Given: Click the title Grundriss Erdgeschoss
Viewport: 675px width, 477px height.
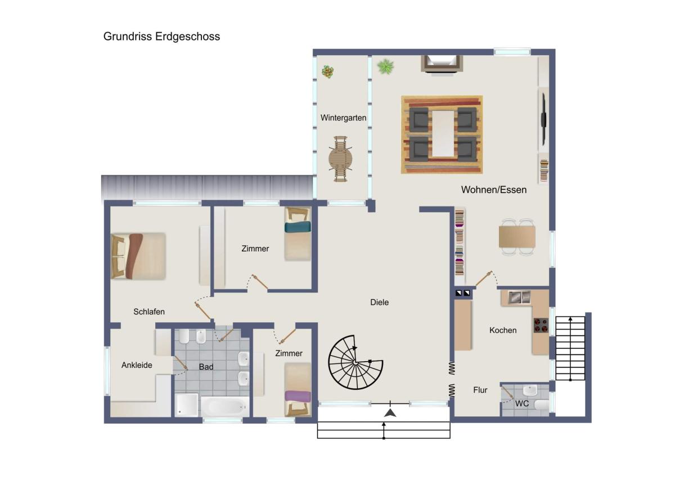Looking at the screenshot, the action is click(161, 37).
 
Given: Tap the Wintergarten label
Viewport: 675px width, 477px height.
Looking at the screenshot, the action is click(343, 118).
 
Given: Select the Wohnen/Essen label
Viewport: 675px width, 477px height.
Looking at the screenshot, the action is click(494, 190).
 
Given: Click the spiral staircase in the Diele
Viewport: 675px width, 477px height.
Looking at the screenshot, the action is click(355, 362).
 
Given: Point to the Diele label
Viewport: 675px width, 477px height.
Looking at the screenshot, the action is click(379, 302).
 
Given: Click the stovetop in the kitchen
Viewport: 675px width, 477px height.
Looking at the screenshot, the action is click(541, 326).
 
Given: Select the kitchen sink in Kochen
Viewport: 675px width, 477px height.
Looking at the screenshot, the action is click(519, 297).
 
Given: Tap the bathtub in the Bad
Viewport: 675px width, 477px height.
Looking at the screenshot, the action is click(225, 407).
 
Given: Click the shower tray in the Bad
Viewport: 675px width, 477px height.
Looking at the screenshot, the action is click(187, 404).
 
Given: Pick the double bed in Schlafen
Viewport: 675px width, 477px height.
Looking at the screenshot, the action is click(138, 256).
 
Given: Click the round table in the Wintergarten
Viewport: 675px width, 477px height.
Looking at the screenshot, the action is click(340, 159).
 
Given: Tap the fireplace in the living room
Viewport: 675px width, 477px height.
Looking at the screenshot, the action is click(442, 64).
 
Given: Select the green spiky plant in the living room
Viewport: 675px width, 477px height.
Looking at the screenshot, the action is click(385, 66).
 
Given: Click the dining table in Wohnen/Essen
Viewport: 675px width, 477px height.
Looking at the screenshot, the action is click(517, 237).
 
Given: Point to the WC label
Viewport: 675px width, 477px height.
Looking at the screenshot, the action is click(521, 403).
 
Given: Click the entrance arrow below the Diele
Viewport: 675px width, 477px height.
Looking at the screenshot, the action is click(390, 413).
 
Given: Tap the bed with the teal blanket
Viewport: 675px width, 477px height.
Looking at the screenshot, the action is click(298, 234).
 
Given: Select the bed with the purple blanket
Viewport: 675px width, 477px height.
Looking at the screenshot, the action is click(298, 390).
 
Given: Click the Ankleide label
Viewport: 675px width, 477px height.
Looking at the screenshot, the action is click(137, 365).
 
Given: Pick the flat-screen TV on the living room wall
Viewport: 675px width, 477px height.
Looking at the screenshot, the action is click(543, 119).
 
